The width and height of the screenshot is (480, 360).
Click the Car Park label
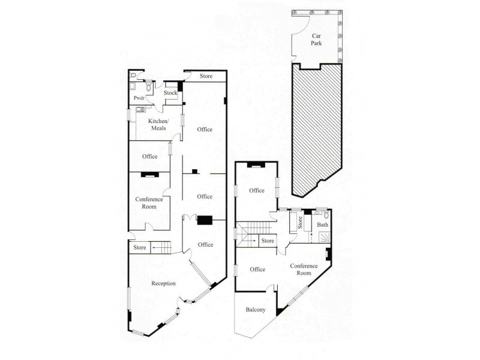(x=316, y=40)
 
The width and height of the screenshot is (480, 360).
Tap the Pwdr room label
(x=139, y=98)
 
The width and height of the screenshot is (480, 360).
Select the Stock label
(x=171, y=93)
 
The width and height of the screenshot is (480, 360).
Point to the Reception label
(x=163, y=283)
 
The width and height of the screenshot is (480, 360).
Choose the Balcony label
(x=255, y=310)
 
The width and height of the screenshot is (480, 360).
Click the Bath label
(x=322, y=225)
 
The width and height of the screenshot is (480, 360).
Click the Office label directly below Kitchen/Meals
(x=150, y=157)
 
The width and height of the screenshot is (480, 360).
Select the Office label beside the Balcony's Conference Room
(x=257, y=269)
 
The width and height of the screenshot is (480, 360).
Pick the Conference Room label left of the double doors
(x=149, y=203)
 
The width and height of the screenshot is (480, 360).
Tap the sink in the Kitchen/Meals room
(x=139, y=109)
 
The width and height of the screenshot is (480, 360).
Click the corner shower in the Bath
(x=325, y=237)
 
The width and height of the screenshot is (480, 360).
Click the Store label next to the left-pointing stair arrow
(x=140, y=247)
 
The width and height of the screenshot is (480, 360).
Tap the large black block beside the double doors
(x=205, y=220)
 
